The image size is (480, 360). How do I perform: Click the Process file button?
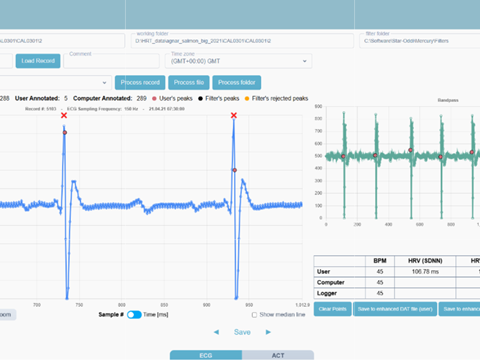pos(187,81)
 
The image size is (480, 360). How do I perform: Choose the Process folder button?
pos(236,81)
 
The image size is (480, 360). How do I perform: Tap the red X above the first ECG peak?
pos(64,116)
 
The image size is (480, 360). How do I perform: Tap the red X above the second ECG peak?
pos(234,116)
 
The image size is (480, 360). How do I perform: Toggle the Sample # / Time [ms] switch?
pos(133,314)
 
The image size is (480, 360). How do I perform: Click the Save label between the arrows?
pos(242,332)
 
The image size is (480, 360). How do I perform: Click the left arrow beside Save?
pos(214,332)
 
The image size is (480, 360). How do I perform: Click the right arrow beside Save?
pos(270,332)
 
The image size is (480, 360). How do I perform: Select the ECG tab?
pos(206,355)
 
